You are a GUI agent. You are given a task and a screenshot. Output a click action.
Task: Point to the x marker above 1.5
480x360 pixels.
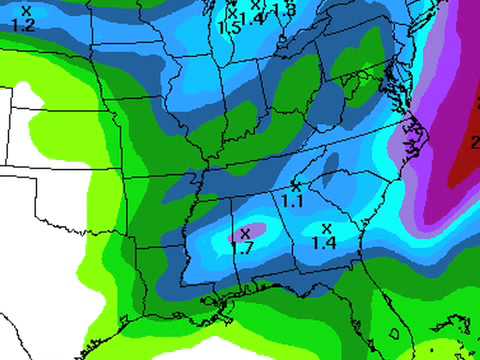tap(232, 13)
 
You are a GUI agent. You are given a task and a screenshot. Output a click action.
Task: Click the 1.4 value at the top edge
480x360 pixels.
tap(254, 18)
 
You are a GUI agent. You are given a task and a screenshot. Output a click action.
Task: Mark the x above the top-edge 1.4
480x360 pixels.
tap(257, 5)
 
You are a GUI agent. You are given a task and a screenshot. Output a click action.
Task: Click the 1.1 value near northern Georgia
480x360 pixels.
tap(292, 201)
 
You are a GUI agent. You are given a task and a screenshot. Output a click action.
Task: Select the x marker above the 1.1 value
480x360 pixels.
tap(295, 186)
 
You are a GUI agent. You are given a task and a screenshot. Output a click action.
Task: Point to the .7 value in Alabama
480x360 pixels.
tap(244, 246)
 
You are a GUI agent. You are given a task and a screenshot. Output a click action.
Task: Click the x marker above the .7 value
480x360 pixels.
tap(245, 232)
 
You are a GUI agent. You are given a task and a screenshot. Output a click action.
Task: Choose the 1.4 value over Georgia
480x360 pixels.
tap(323, 242)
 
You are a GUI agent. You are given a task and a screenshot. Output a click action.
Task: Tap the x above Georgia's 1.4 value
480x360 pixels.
tap(326, 228)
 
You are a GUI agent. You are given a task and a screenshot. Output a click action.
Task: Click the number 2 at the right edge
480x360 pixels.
tap(474, 142)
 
